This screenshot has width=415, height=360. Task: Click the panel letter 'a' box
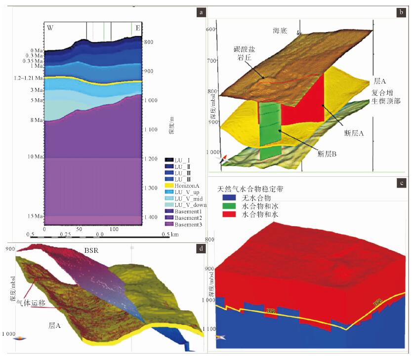click(x=202, y=12)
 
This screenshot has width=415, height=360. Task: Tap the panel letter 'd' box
click(x=202, y=248)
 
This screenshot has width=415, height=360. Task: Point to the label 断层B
click(x=327, y=154)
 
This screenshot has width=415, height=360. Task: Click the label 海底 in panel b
click(x=280, y=31)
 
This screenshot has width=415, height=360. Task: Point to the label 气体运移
click(x=35, y=305)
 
